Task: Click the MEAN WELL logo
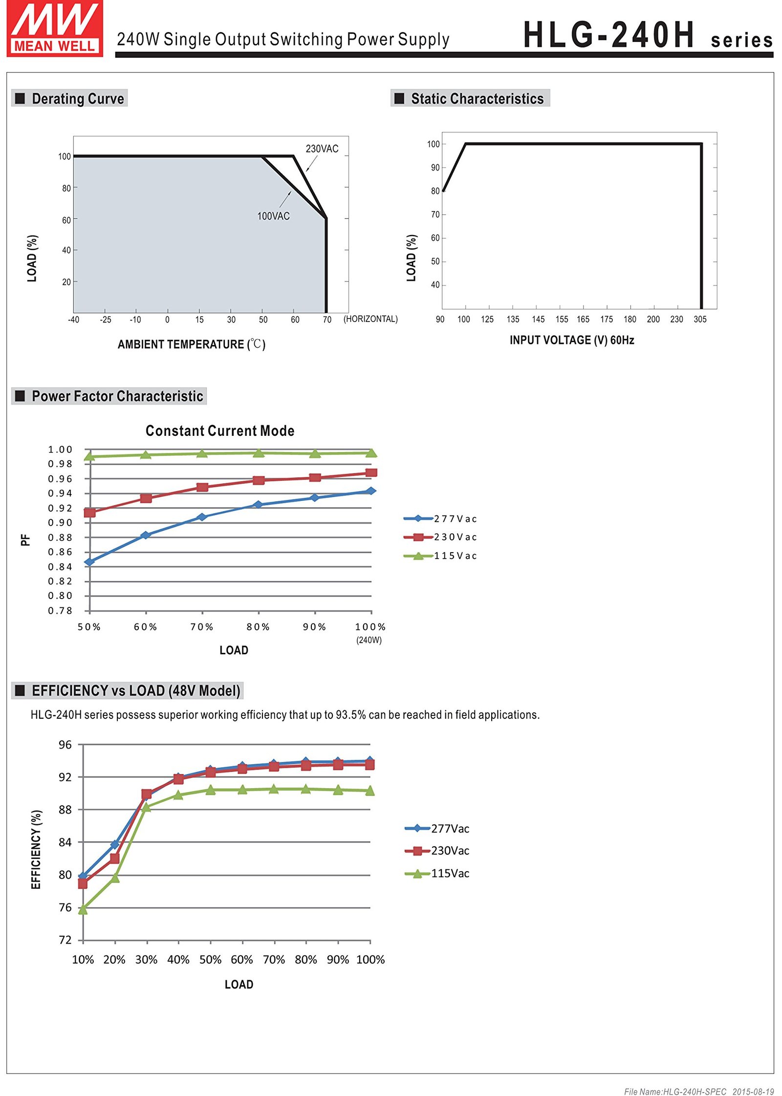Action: click(x=55, y=28)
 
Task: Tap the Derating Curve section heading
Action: click(x=77, y=99)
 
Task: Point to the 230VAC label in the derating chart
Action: click(x=322, y=149)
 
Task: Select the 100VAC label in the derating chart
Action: click(x=273, y=216)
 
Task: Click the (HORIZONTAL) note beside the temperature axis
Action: click(x=370, y=319)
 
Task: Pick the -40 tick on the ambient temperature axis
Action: click(x=73, y=320)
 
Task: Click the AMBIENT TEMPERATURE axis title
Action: click(x=191, y=344)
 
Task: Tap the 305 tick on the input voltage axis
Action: click(x=700, y=320)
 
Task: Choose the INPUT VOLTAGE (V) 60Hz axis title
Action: click(x=571, y=340)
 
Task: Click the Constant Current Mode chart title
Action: click(x=220, y=431)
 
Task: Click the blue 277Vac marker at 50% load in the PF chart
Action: click(x=89, y=562)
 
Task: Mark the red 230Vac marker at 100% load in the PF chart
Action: click(x=371, y=473)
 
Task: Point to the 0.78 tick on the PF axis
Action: click(x=60, y=611)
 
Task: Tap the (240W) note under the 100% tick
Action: click(x=369, y=640)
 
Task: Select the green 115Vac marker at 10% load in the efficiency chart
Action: click(x=83, y=909)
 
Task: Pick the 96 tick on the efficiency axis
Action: click(x=65, y=745)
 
